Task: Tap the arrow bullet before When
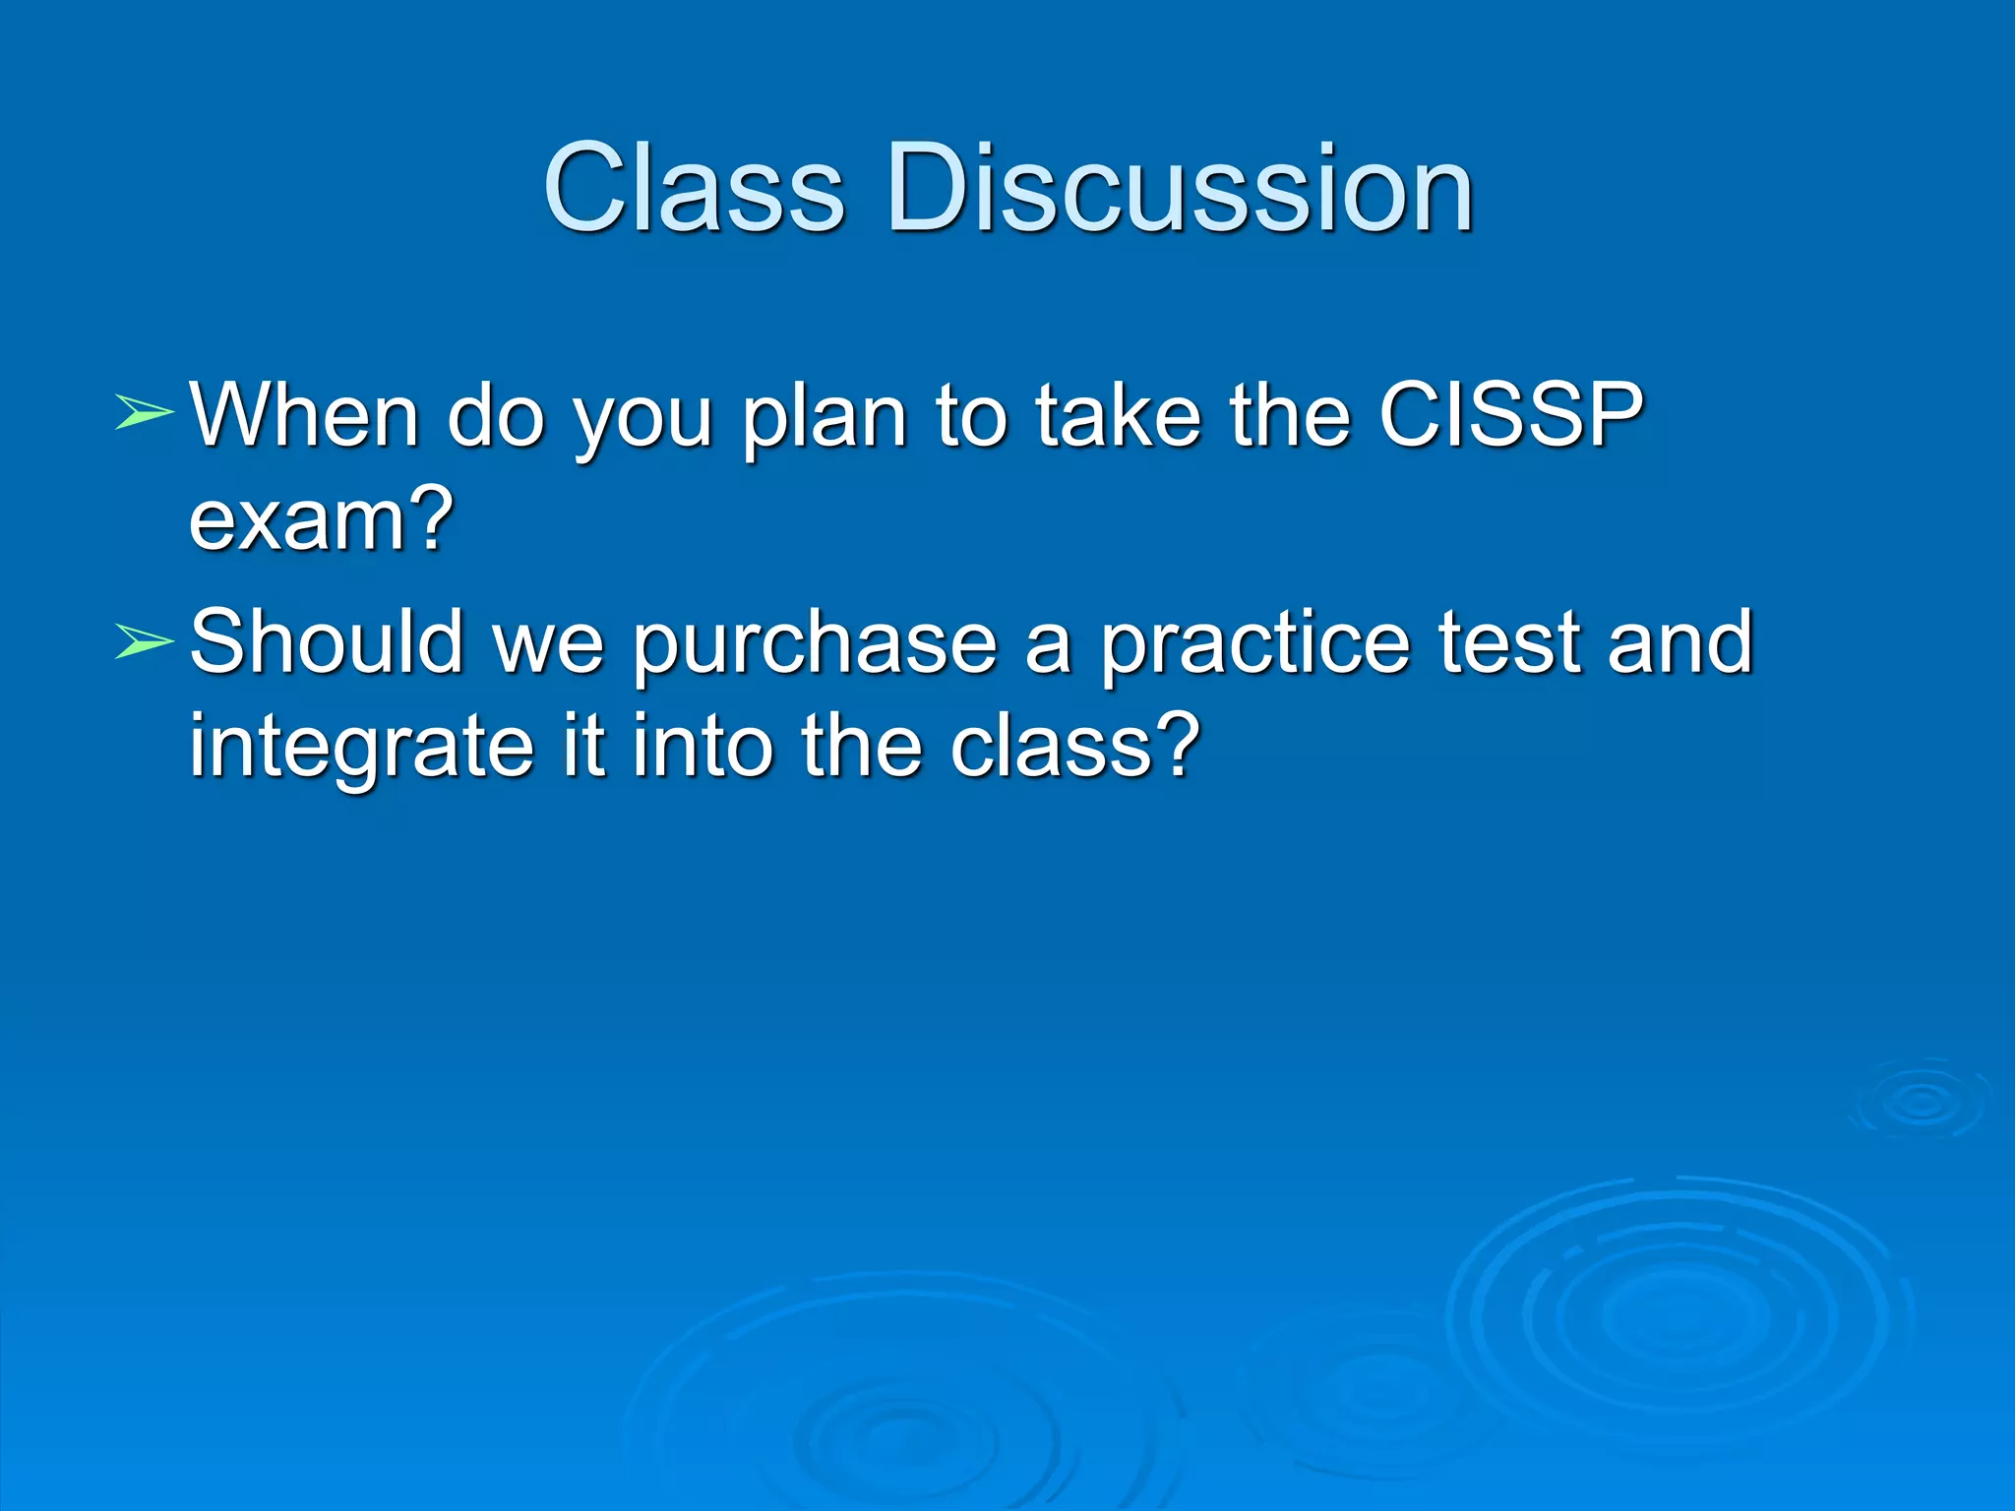(x=144, y=413)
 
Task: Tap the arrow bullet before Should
(x=144, y=641)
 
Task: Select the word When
(x=305, y=415)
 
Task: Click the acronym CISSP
(x=1510, y=415)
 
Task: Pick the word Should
(x=326, y=641)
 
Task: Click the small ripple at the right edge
(x=1919, y=1102)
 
